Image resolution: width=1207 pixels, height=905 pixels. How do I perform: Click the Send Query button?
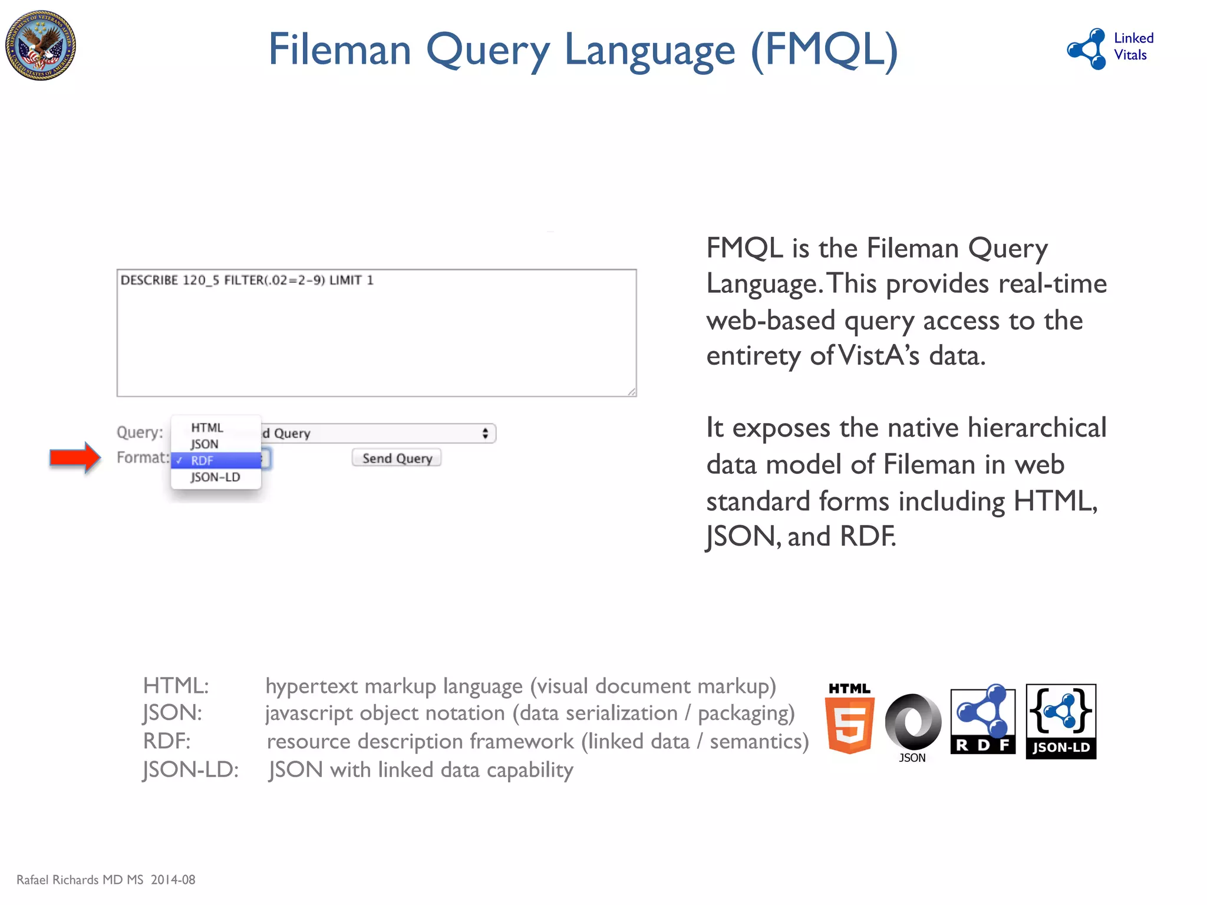(397, 458)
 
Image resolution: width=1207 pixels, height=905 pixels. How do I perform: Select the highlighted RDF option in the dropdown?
(216, 461)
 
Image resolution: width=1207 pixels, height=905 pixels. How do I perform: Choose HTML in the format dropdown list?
(207, 428)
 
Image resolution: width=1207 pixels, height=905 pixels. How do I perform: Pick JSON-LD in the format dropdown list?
(215, 477)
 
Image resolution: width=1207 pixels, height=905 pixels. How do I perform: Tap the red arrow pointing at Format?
(75, 457)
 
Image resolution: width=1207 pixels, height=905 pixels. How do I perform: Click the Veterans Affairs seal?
(41, 45)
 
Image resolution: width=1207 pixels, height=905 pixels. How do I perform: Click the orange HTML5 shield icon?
(849, 725)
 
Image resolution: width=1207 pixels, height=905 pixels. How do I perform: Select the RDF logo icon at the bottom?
(982, 721)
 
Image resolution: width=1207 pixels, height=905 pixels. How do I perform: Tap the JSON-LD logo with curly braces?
(1061, 721)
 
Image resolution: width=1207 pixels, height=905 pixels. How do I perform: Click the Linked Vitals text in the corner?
(1133, 47)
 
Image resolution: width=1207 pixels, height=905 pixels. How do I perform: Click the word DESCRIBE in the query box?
(149, 280)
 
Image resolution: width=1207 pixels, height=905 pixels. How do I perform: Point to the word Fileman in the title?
(339, 49)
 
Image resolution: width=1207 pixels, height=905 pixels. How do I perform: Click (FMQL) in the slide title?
(824, 49)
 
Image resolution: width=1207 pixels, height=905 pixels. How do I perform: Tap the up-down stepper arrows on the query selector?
(485, 434)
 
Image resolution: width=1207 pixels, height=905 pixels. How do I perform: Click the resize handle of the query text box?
(632, 392)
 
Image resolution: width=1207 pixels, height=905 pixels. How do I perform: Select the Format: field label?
(143, 458)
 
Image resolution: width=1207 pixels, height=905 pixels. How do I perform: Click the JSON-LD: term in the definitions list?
(190, 770)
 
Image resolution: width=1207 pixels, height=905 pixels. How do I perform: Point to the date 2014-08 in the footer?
(173, 880)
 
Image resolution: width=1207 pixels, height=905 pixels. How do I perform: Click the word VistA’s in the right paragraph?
(878, 356)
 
